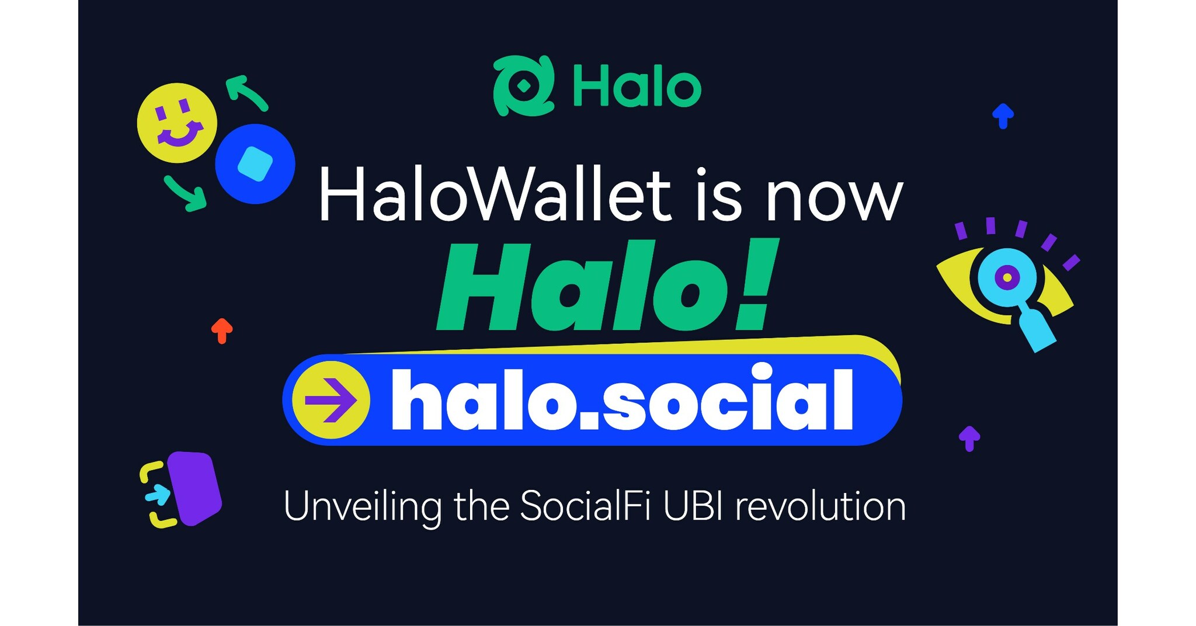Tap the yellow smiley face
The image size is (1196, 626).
177,123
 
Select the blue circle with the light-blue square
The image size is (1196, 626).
255,164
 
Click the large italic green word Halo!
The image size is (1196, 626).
607,286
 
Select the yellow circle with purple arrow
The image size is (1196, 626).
331,400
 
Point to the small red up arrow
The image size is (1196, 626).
222,331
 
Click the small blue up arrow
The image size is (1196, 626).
1003,116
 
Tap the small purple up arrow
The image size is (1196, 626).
969,438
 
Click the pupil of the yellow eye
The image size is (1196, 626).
1007,277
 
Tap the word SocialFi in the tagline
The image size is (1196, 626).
585,506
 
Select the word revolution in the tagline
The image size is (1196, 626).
820,506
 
